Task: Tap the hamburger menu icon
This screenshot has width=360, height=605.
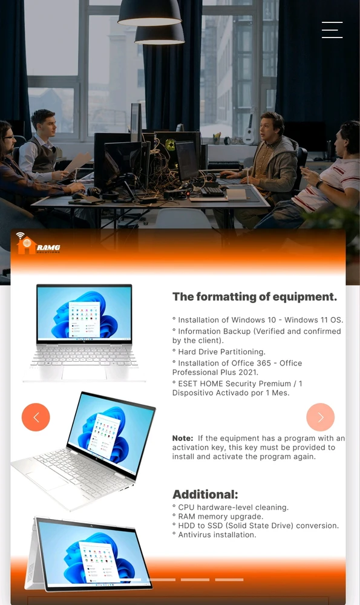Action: [332, 30]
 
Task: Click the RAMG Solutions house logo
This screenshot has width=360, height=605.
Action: [38, 243]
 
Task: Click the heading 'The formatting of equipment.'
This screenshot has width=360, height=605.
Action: [255, 296]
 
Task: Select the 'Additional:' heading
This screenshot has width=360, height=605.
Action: [205, 494]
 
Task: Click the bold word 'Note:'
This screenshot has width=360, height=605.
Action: [183, 438]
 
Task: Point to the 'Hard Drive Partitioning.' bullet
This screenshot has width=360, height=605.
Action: [219, 352]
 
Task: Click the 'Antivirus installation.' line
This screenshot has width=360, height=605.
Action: [214, 535]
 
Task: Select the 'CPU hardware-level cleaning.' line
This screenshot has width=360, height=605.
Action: [231, 508]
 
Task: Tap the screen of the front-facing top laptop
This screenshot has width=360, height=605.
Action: [84, 313]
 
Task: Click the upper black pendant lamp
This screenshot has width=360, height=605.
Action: [149, 13]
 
